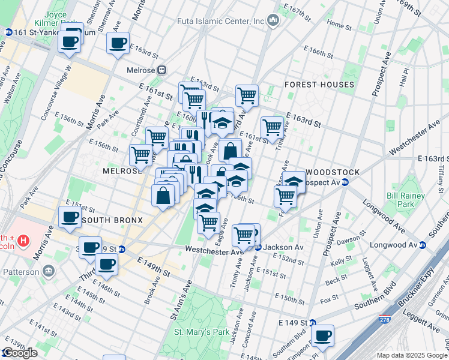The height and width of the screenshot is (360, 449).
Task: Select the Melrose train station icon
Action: click(x=161, y=70)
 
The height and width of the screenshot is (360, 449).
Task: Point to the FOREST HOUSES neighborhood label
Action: click(x=319, y=85)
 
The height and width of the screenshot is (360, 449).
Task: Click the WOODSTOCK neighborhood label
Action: click(x=333, y=172)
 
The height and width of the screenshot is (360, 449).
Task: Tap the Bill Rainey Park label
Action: click(x=405, y=200)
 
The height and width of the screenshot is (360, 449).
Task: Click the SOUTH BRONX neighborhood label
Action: click(x=112, y=220)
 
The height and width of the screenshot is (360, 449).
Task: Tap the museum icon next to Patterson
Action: click(x=48, y=271)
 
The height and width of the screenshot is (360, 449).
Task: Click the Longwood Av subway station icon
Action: click(x=423, y=245)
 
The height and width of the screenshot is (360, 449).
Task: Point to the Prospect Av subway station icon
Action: click(x=345, y=182)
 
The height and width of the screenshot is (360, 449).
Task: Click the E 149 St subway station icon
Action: click(x=312, y=322)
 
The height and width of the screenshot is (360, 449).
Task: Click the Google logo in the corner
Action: click(x=19, y=353)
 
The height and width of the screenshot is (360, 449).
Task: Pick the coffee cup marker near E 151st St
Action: click(x=68, y=217)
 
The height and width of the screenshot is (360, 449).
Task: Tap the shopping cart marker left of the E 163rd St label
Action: click(x=272, y=127)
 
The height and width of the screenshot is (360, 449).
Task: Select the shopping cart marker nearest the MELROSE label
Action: click(x=141, y=154)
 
